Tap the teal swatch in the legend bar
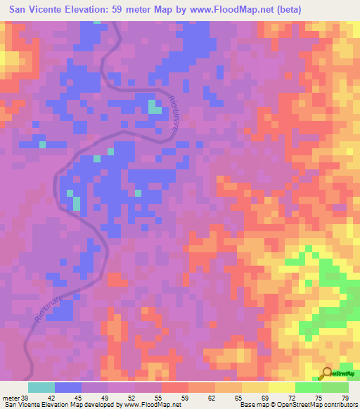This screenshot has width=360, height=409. tap(41, 387)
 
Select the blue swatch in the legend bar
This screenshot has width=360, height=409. tap(68, 387)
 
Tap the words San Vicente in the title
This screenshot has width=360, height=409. tap(35, 10)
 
